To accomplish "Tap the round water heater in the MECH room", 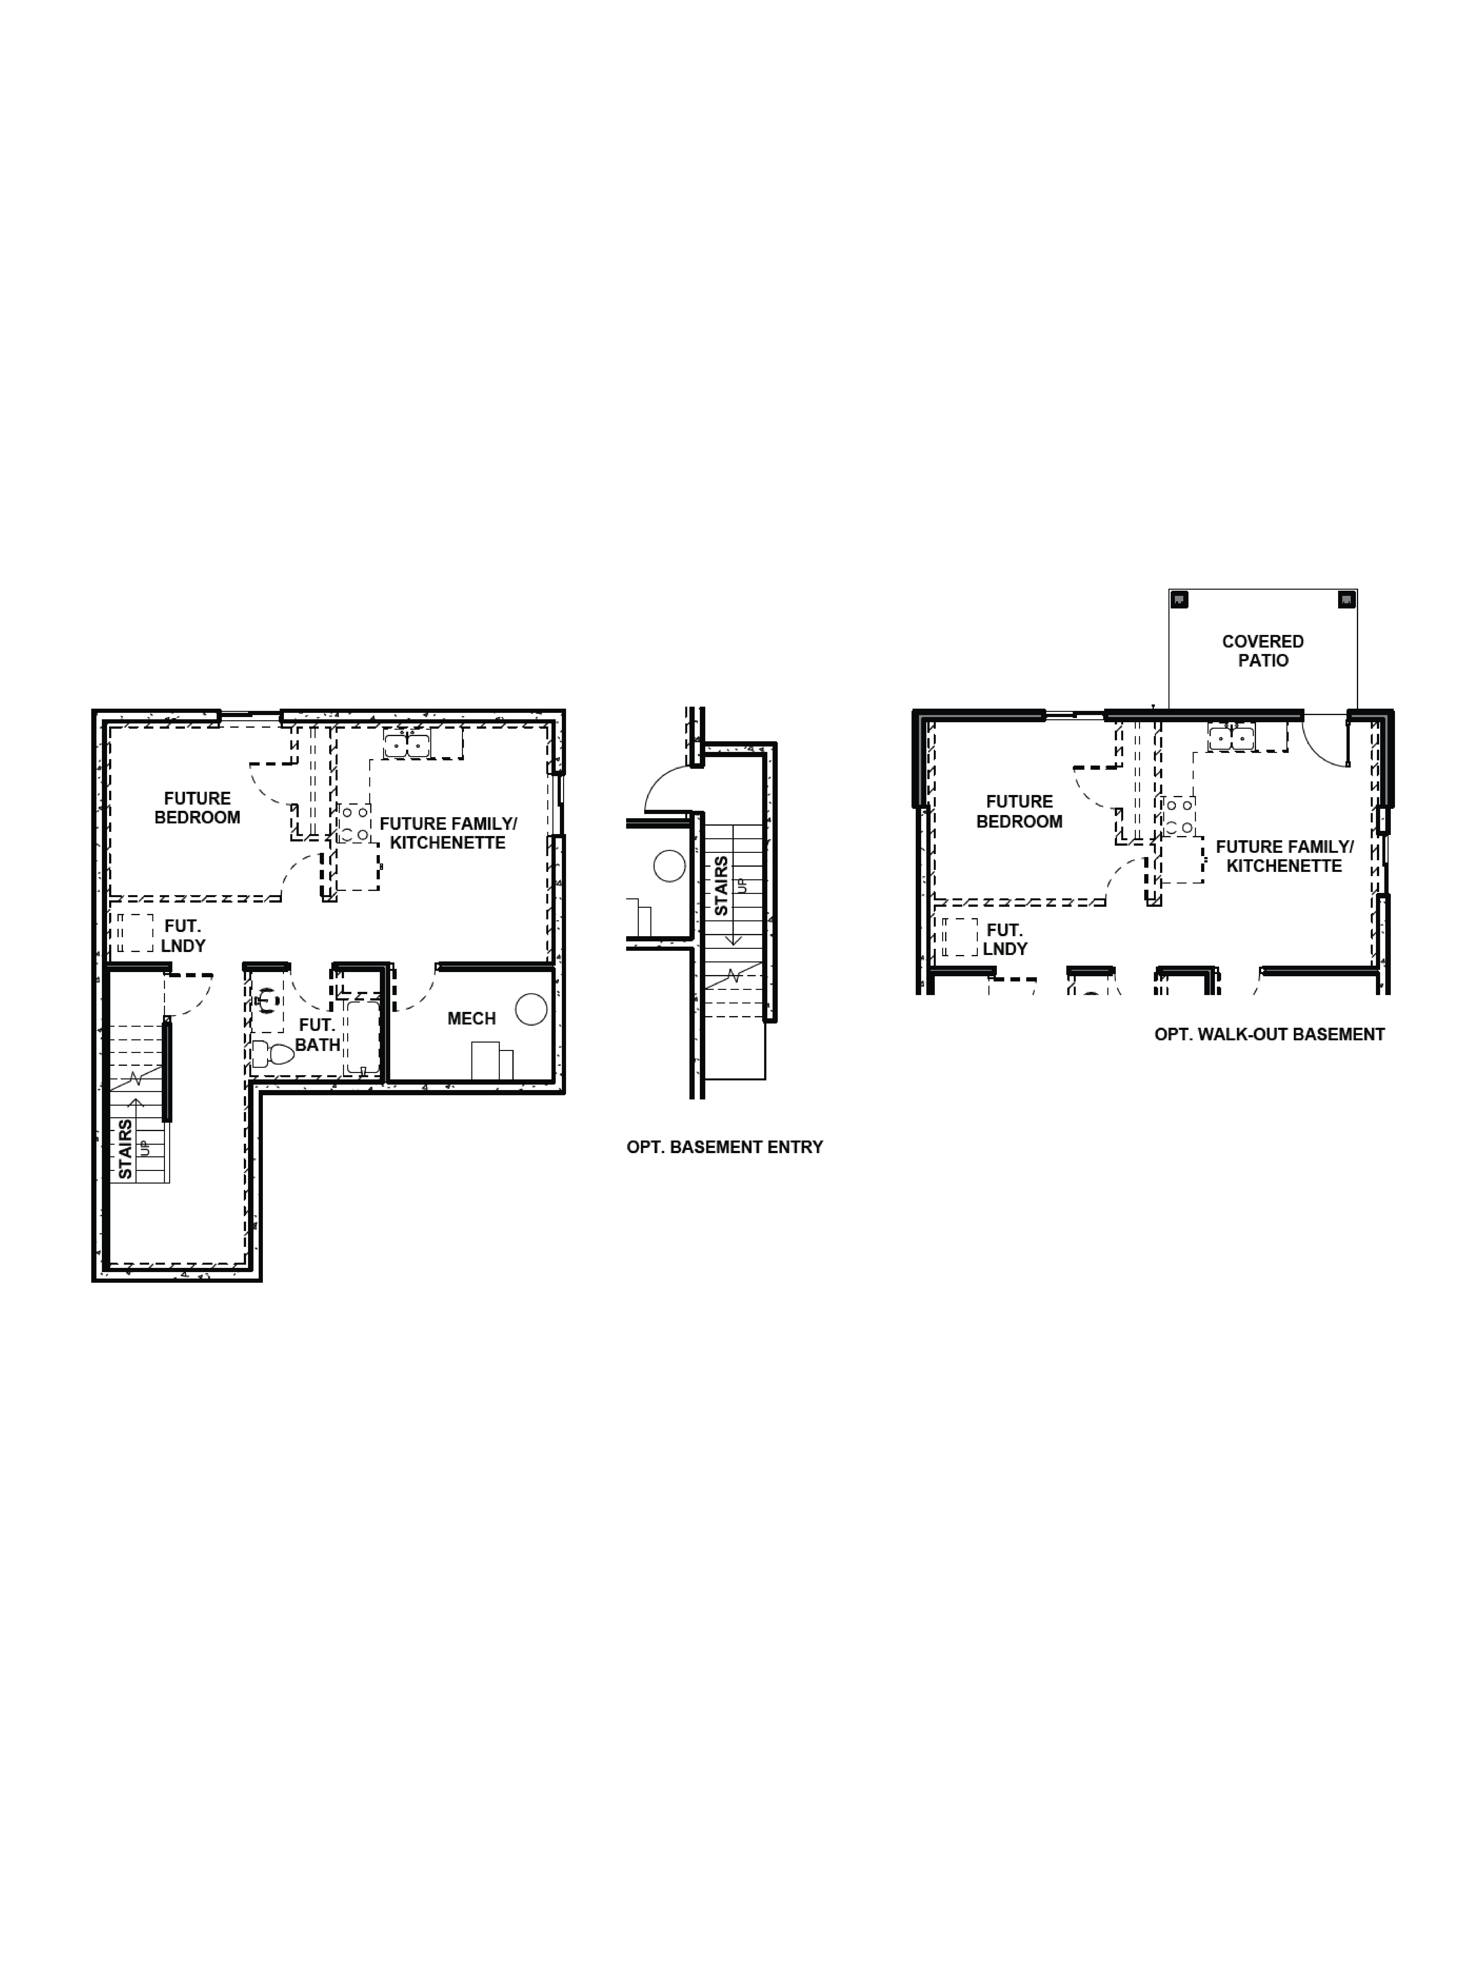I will [x=531, y=1009].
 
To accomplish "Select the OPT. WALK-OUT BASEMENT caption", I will [x=1268, y=1034].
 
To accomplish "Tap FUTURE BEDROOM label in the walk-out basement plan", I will [x=1019, y=812].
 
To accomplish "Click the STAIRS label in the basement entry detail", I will [x=721, y=886].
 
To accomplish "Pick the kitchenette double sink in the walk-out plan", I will [x=1232, y=738].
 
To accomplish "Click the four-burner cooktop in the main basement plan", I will [x=354, y=823].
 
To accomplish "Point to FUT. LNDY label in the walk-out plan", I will [x=1005, y=939].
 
